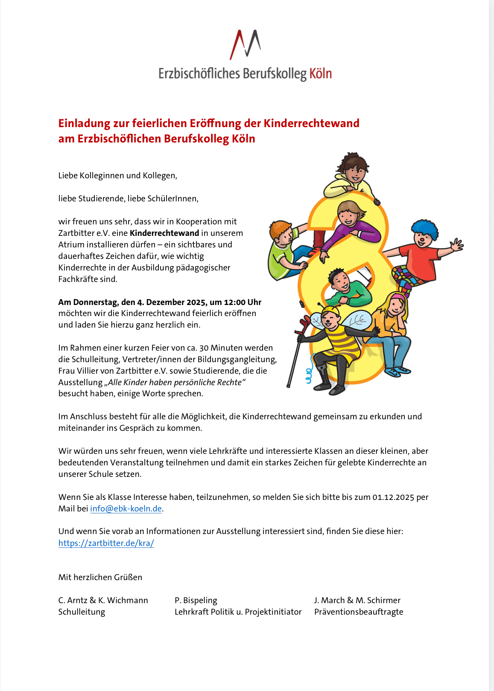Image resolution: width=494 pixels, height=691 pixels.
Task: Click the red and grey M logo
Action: tap(245, 44)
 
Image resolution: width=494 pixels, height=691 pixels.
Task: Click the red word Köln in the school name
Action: tap(320, 73)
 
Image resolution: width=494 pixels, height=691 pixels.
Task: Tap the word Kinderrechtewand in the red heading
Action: tap(311, 123)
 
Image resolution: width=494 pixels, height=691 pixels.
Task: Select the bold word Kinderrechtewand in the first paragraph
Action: tap(164, 233)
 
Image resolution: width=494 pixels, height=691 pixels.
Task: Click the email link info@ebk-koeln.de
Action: tap(126, 508)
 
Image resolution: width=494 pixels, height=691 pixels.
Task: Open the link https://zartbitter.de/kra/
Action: tap(106, 543)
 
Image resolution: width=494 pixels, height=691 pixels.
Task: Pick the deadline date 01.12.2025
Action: tap(393, 497)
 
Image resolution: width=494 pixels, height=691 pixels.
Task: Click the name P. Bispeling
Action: tap(196, 600)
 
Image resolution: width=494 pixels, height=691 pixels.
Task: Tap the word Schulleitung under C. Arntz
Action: tap(82, 612)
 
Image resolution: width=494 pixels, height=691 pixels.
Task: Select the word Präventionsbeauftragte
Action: tap(359, 612)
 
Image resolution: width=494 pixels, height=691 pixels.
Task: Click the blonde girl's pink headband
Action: tap(398, 296)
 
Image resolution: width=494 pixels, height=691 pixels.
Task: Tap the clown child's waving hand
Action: tap(456, 245)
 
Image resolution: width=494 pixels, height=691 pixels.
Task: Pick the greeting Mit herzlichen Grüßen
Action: tap(100, 577)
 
